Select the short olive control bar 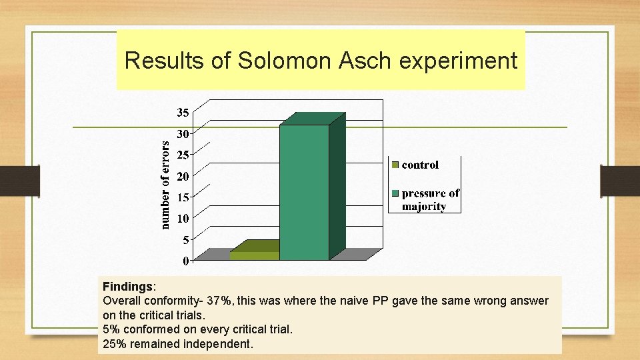[254, 255]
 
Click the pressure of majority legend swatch [395, 194]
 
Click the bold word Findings [127, 286]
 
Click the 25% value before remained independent [113, 345]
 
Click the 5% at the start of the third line [110, 330]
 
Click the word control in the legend [420, 165]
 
